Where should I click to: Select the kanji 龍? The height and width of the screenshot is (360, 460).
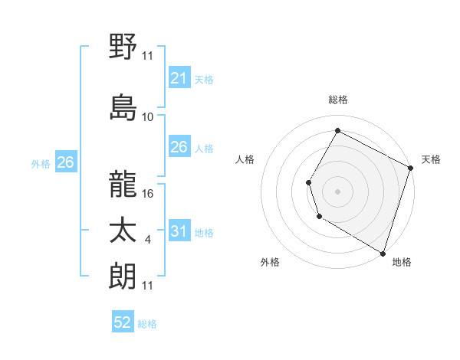[x=123, y=184]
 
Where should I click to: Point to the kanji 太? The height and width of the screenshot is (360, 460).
[x=123, y=231]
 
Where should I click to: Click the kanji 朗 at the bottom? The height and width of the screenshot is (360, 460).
[x=123, y=275]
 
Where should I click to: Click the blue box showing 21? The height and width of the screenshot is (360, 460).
[x=179, y=78]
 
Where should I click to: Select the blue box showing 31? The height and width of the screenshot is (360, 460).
[x=179, y=232]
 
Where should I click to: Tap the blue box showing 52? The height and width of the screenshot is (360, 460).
[x=123, y=322]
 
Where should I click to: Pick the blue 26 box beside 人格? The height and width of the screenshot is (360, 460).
[x=179, y=147]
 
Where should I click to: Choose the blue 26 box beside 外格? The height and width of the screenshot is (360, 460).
[x=65, y=162]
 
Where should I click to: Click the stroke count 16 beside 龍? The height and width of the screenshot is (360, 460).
[x=149, y=194]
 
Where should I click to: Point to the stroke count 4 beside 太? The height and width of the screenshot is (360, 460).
[x=147, y=241]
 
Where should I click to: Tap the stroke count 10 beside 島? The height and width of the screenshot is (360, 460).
[x=148, y=117]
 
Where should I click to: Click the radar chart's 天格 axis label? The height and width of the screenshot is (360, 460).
[x=431, y=159]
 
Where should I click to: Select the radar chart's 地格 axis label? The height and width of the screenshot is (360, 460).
[x=402, y=262]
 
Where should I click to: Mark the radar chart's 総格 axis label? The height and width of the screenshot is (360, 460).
[x=338, y=100]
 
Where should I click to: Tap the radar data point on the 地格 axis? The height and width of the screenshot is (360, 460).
[x=383, y=252]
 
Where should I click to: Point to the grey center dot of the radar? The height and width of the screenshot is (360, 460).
[x=337, y=191]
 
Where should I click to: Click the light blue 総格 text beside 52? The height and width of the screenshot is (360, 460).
[x=147, y=324]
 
